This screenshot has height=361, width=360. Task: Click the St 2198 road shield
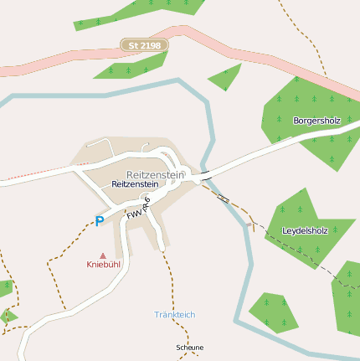click(x=144, y=44)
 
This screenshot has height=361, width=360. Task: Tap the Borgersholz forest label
click(x=316, y=121)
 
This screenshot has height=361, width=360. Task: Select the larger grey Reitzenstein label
click(x=155, y=174)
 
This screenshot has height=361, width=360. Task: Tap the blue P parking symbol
click(x=99, y=222)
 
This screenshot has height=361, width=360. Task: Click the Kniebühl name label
click(x=104, y=265)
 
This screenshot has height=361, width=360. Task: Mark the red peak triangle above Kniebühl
click(x=103, y=255)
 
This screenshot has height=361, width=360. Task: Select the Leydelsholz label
click(x=305, y=229)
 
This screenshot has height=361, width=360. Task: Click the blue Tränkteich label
click(x=174, y=314)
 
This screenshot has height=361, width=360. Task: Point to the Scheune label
click(x=189, y=347)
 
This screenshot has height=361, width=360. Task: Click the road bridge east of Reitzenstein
click(x=205, y=173)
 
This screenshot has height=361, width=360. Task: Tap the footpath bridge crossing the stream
click(x=223, y=199)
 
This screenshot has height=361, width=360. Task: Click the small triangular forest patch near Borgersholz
click(x=226, y=78)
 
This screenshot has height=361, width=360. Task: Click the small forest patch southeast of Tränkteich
click(x=272, y=311)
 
